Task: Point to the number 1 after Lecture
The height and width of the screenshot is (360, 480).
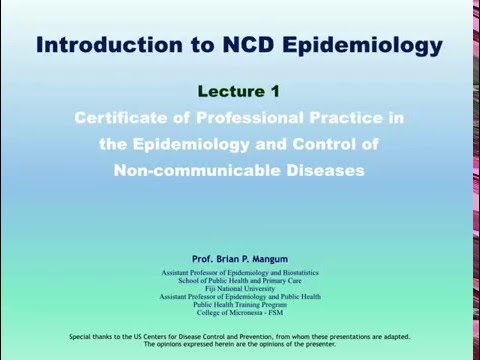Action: click(x=274, y=92)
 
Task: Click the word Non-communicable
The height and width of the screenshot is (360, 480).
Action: click(x=198, y=169)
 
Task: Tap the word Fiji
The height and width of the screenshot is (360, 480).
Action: click(x=213, y=288)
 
